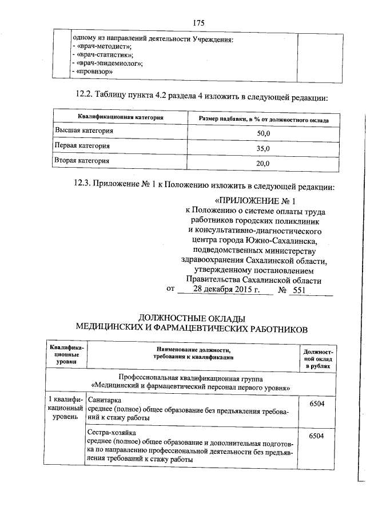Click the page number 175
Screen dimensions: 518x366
pos(198,23)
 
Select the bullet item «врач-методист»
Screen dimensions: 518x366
pos(103,46)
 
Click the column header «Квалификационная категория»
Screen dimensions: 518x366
pos(117,118)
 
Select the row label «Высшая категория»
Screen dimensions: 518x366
pos(83,131)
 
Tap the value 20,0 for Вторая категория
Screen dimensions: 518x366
pos(263,164)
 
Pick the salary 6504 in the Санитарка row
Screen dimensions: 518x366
pos(316,404)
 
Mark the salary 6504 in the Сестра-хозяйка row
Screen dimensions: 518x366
pos(316,437)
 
